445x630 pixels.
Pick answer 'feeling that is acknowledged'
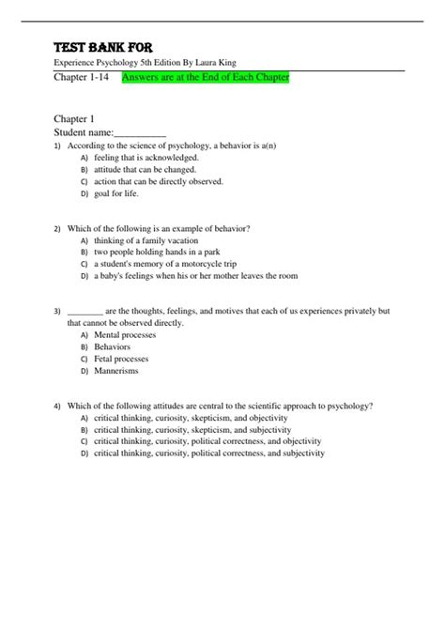[145, 159]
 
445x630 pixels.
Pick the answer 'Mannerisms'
[116, 370]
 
